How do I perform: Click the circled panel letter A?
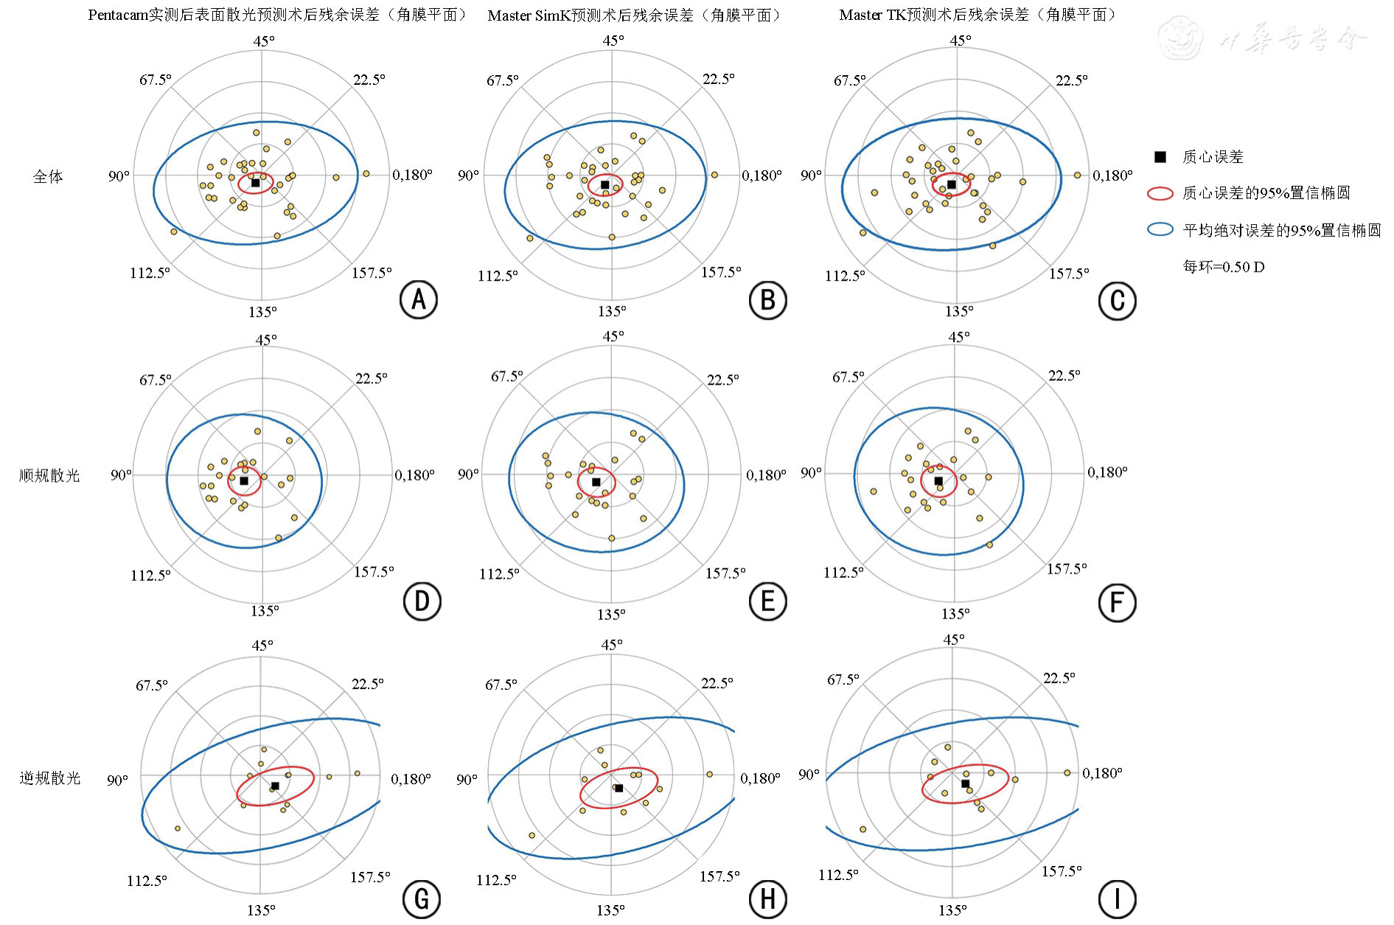[x=419, y=299]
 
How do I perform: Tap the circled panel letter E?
[x=767, y=602]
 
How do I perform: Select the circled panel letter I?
[x=1117, y=899]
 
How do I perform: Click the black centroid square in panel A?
[x=256, y=182]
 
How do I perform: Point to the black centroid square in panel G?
[x=275, y=786]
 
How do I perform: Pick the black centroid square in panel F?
[x=938, y=481]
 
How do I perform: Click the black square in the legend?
[x=1160, y=156]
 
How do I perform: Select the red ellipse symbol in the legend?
[x=1160, y=193]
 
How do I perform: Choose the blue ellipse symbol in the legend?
[x=1160, y=230]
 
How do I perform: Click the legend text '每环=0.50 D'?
[x=1224, y=267]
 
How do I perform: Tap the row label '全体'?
[x=48, y=176]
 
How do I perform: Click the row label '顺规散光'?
[x=49, y=475]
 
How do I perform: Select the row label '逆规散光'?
[x=49, y=778]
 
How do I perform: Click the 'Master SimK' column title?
[x=635, y=15]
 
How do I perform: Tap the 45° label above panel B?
[x=613, y=40]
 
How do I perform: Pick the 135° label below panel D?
[x=265, y=610]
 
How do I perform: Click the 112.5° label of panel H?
[x=496, y=879]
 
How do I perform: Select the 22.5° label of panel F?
[x=1064, y=375]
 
